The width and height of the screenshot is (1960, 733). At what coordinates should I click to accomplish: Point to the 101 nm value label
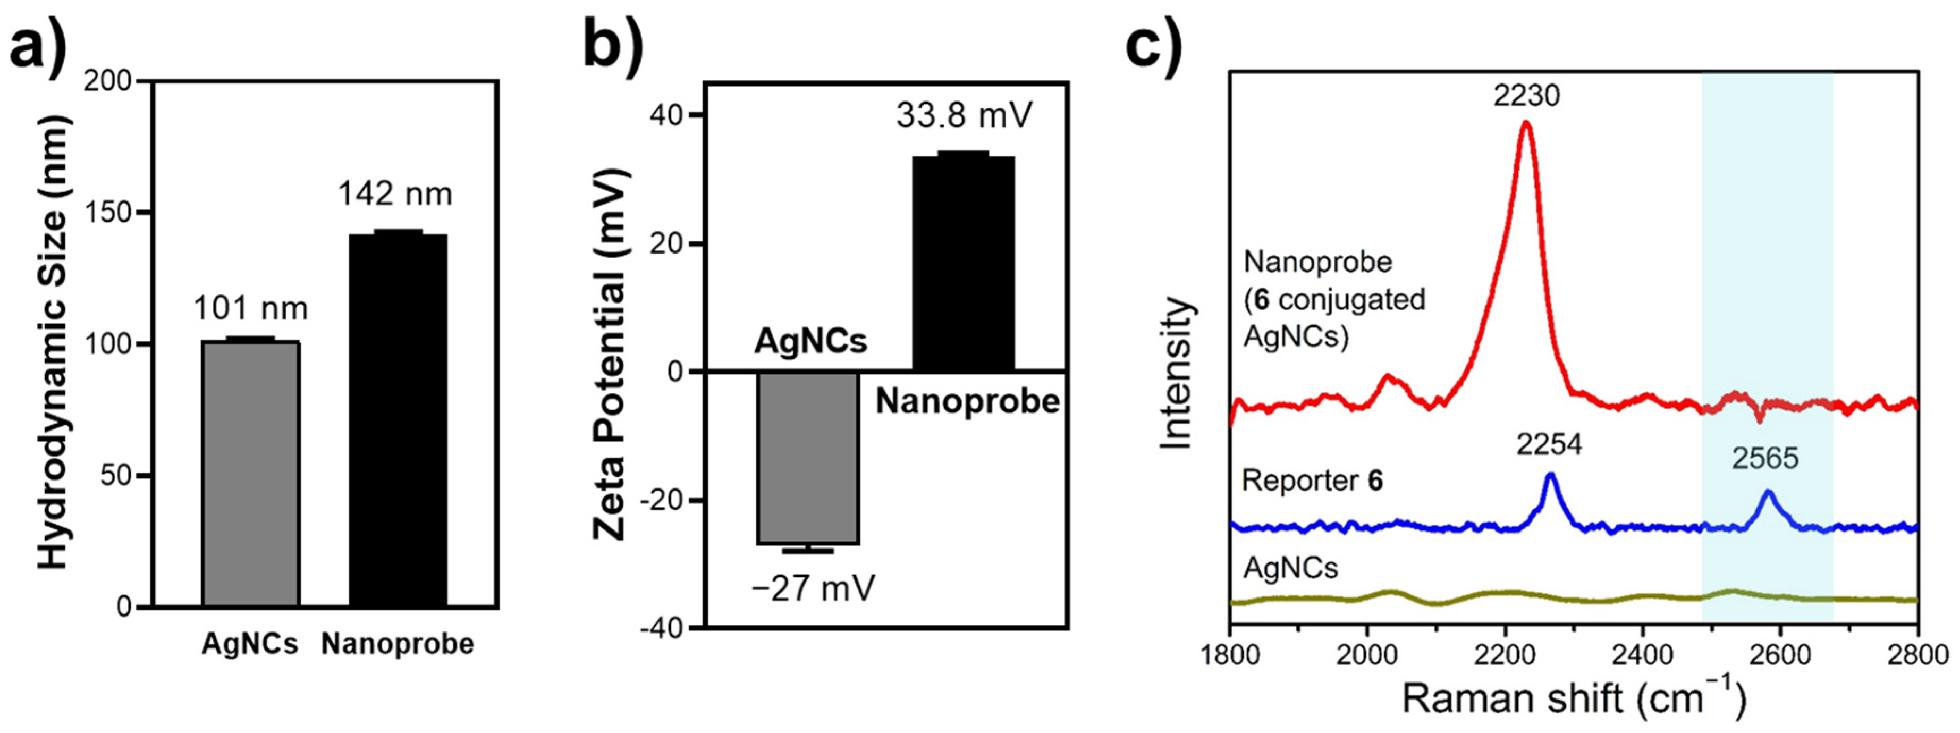[x=250, y=309]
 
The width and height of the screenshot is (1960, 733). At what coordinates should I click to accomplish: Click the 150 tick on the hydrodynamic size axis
[x=120, y=213]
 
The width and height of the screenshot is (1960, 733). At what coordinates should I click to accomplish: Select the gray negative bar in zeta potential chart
[x=807, y=457]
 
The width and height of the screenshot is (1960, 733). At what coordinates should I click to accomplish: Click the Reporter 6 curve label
[x=1312, y=481]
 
